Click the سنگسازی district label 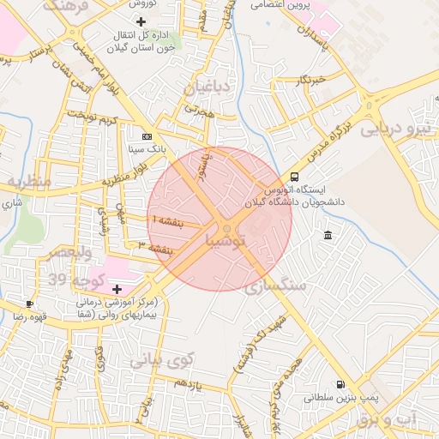280,287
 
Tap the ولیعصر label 62,254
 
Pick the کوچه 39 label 75,280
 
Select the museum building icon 328,236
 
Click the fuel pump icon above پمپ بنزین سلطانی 342,384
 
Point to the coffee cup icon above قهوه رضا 31,304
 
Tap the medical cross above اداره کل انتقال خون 141,21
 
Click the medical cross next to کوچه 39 117,289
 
